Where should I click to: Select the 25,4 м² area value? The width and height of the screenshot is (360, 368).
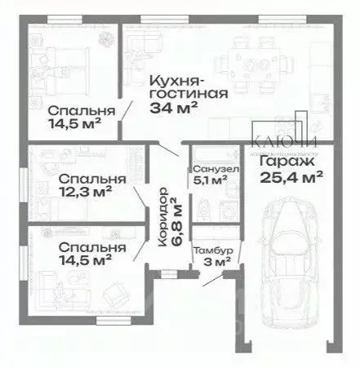tap(292, 175)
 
